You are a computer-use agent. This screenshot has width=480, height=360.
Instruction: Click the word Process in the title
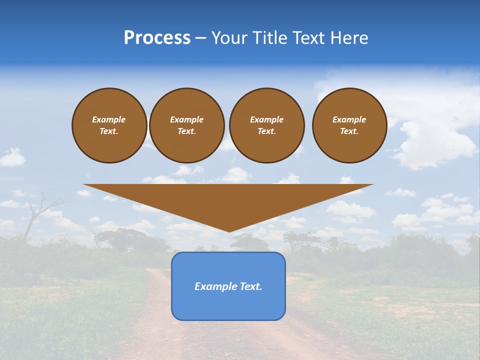click(157, 38)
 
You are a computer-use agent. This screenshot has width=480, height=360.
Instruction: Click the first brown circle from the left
click(109, 125)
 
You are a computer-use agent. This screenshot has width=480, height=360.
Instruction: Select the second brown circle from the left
click(187, 125)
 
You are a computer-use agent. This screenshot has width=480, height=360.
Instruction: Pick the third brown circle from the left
click(267, 125)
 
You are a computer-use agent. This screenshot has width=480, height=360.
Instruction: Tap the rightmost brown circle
click(349, 125)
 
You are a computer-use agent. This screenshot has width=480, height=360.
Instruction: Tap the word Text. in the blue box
click(251, 286)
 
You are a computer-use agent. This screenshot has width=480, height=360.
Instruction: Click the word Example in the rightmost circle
click(349, 119)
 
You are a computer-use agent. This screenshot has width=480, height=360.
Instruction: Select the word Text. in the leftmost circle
click(109, 131)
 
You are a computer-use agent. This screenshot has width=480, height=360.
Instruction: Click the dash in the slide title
click(201, 38)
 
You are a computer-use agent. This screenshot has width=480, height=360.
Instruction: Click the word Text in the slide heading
click(307, 38)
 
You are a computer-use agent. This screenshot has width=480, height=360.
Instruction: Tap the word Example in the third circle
click(266, 119)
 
